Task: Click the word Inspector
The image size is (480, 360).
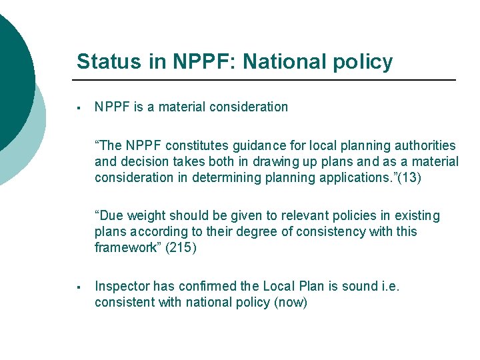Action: (122, 286)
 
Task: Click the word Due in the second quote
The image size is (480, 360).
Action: (113, 215)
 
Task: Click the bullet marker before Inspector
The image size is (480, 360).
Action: (79, 287)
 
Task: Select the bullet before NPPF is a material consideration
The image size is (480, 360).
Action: (79, 107)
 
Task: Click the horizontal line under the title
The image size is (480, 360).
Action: (267, 80)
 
